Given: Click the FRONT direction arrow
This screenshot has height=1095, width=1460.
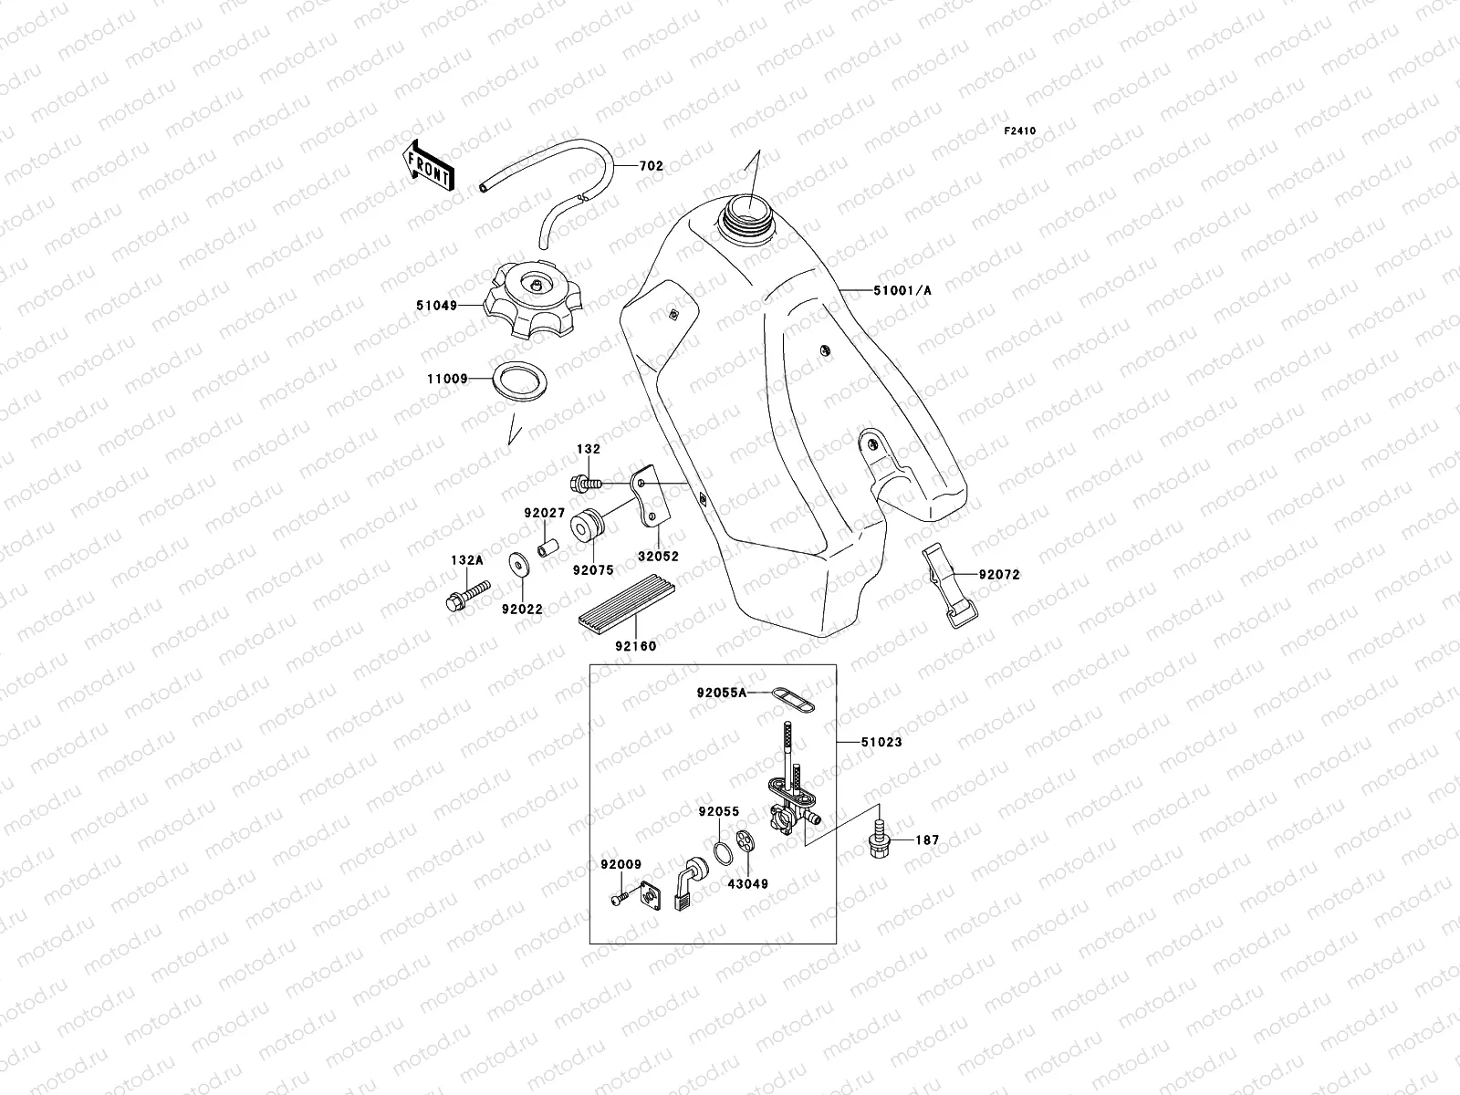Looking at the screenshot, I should tap(429, 165).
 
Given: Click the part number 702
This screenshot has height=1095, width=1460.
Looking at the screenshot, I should tap(651, 166).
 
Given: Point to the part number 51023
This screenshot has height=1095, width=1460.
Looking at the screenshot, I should tap(881, 742).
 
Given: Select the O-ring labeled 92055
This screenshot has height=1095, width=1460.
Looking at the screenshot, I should tap(723, 851).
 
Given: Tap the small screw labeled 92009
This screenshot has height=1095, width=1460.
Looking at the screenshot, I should tap(620, 900).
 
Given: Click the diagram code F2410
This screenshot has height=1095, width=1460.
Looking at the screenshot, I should tap(1020, 131).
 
